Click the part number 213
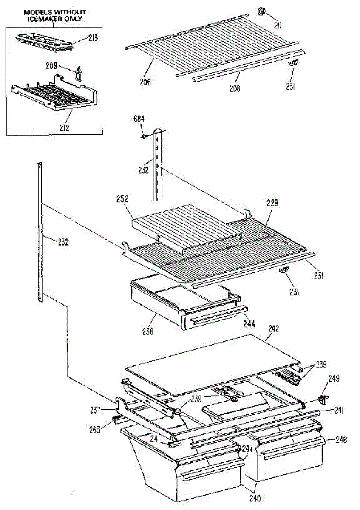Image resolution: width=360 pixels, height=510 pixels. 93,38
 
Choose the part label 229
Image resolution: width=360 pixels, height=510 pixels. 272,204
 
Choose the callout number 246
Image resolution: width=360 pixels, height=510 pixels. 341,440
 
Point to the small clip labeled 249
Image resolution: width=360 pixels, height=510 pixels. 323,399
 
